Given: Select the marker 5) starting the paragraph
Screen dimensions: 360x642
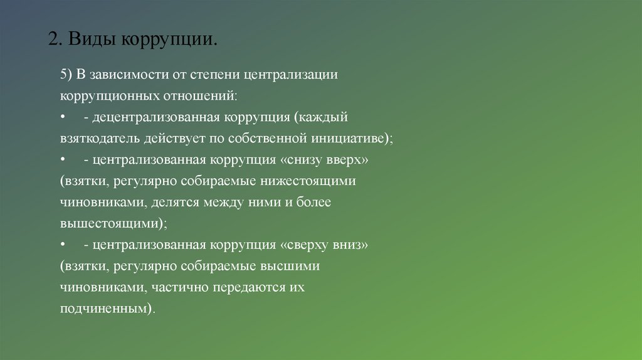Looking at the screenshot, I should (x=67, y=75).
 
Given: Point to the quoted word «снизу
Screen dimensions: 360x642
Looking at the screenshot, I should (x=304, y=160).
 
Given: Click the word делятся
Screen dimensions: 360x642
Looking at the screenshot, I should (x=187, y=203).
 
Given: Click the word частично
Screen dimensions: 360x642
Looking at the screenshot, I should (x=180, y=288).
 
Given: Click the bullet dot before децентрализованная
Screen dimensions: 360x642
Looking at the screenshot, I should (x=63, y=117).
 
